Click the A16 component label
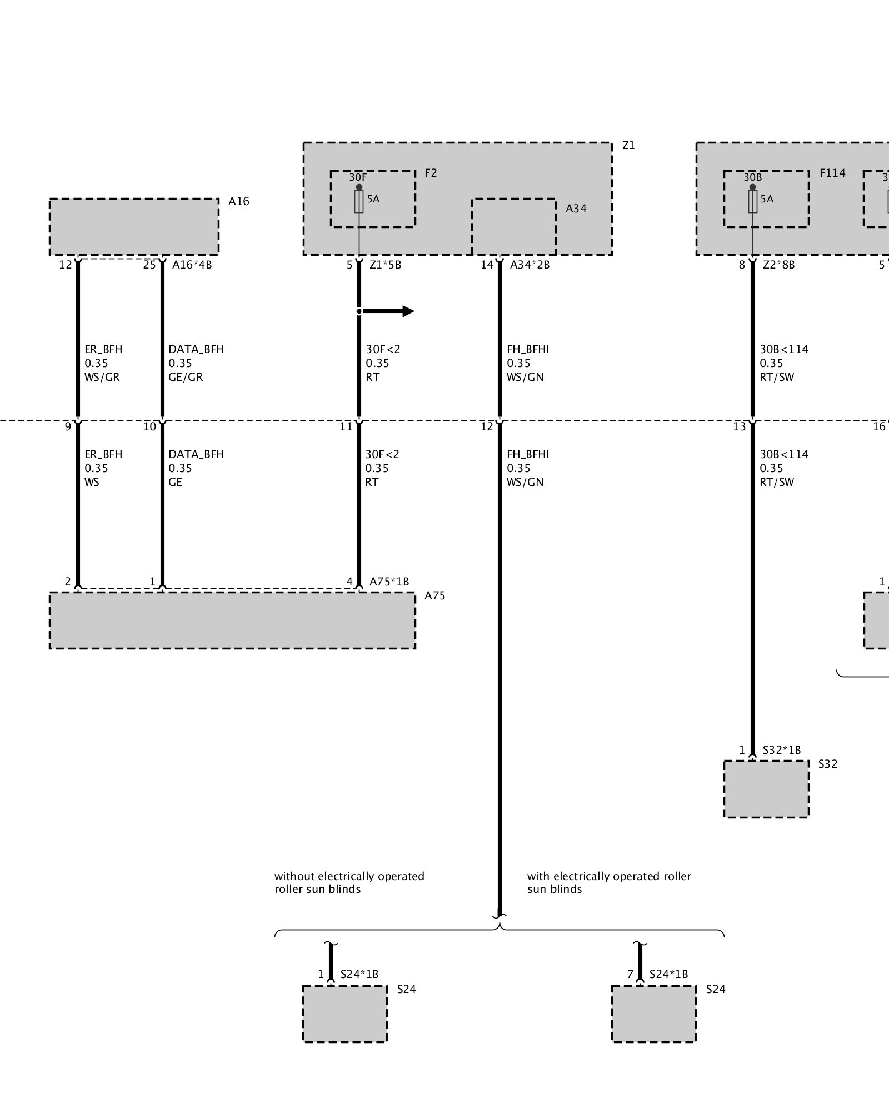[238, 201]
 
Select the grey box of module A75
[232, 620]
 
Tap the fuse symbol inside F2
[359, 202]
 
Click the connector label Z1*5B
[385, 265]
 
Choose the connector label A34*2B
[530, 265]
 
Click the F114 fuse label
[832, 173]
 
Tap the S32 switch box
[766, 789]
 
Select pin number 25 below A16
[149, 265]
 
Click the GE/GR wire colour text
[186, 377]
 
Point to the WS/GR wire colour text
[102, 377]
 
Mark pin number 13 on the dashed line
[739, 427]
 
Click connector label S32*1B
[782, 750]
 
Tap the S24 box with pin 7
[653, 1014]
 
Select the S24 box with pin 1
[344, 1014]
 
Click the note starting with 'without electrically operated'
[349, 882]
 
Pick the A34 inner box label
[576, 209]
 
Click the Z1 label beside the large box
[628, 146]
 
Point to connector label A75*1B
[389, 582]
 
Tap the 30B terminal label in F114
[752, 177]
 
